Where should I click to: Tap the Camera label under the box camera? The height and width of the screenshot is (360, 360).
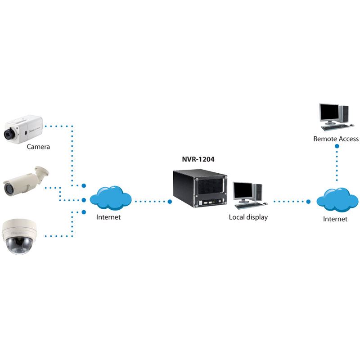click(38, 146)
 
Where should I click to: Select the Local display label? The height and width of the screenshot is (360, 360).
click(248, 217)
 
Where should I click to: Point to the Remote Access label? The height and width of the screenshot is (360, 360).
click(336, 139)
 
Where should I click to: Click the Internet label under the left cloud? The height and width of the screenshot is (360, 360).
click(108, 217)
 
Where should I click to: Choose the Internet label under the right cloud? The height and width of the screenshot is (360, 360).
click(335, 219)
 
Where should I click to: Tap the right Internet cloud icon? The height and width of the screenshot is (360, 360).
click(337, 200)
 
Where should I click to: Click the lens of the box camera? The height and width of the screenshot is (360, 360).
click(9, 134)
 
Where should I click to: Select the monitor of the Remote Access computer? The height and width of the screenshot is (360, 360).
click(328, 112)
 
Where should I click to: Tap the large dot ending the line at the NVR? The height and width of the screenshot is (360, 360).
click(170, 202)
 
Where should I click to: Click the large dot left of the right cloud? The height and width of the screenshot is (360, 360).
click(309, 202)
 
